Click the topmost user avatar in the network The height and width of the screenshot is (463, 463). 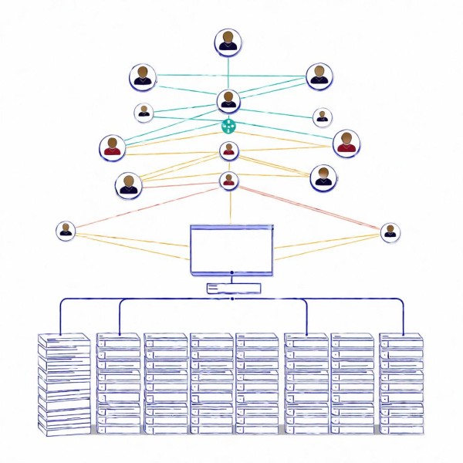(228, 42)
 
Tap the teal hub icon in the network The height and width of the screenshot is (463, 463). (228, 125)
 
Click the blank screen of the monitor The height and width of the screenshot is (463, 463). (232, 248)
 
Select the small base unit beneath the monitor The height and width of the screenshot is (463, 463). (233, 288)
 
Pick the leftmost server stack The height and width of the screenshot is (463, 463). (64, 383)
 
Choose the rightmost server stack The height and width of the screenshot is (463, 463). (400, 383)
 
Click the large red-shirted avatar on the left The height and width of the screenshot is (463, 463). (113, 147)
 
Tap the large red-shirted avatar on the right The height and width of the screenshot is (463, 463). (346, 143)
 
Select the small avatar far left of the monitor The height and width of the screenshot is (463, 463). (66, 230)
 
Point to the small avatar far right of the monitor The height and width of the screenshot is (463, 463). (390, 231)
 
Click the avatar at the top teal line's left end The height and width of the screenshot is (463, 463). (142, 76)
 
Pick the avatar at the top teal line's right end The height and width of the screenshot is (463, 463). (319, 76)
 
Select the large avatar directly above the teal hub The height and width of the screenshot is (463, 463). (228, 100)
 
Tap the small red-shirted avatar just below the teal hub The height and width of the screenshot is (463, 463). (228, 150)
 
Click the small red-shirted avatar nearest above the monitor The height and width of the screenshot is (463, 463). (229, 181)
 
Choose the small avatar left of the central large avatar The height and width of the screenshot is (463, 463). (144, 112)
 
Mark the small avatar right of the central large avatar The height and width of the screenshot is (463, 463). (323, 117)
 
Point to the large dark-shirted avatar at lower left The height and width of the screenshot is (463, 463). (129, 184)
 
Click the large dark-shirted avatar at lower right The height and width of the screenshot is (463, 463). (323, 177)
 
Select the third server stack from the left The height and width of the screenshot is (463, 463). (165, 383)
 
